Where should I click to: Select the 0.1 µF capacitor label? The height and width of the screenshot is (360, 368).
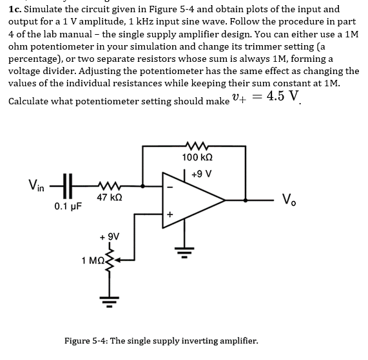coord(67,207)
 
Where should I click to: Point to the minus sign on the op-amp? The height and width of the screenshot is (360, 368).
coord(171,187)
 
